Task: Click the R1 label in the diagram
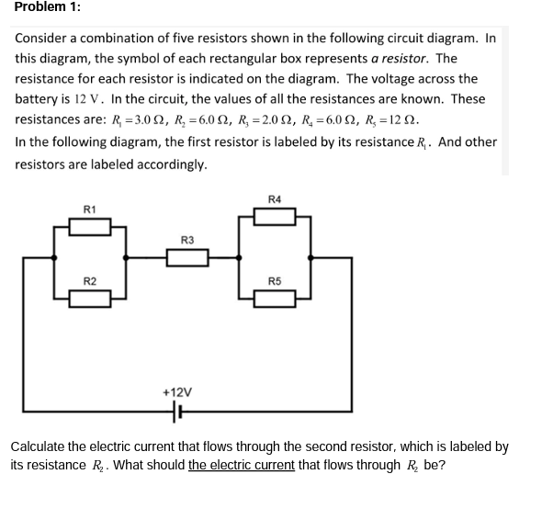90,209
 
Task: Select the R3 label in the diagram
188,241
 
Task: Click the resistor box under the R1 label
90,225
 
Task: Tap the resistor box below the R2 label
90,296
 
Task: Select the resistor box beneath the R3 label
188,259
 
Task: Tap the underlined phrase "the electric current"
242,465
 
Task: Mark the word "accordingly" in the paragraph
172,164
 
